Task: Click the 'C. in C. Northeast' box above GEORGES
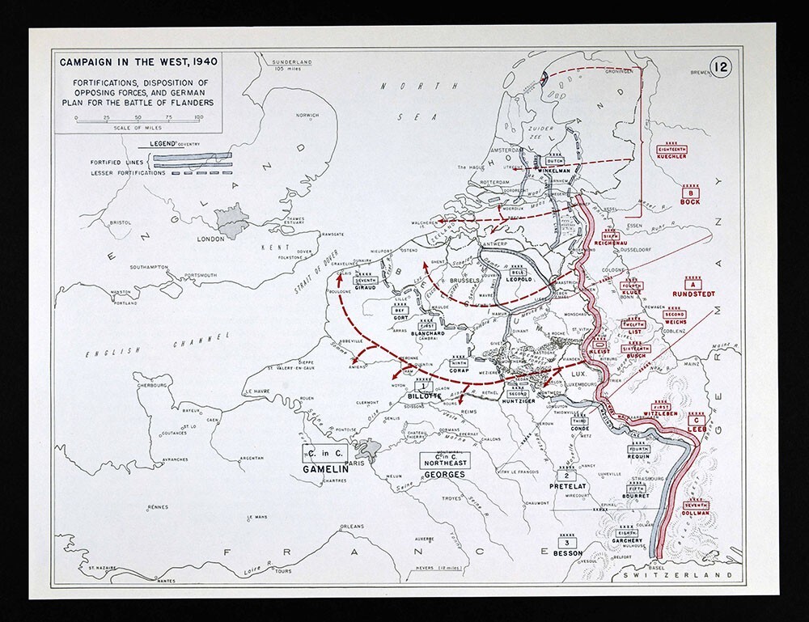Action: [443, 459]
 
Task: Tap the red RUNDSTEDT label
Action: [693, 294]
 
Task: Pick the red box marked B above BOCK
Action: [690, 193]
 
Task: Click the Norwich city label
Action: [307, 116]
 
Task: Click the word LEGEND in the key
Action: [164, 143]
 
